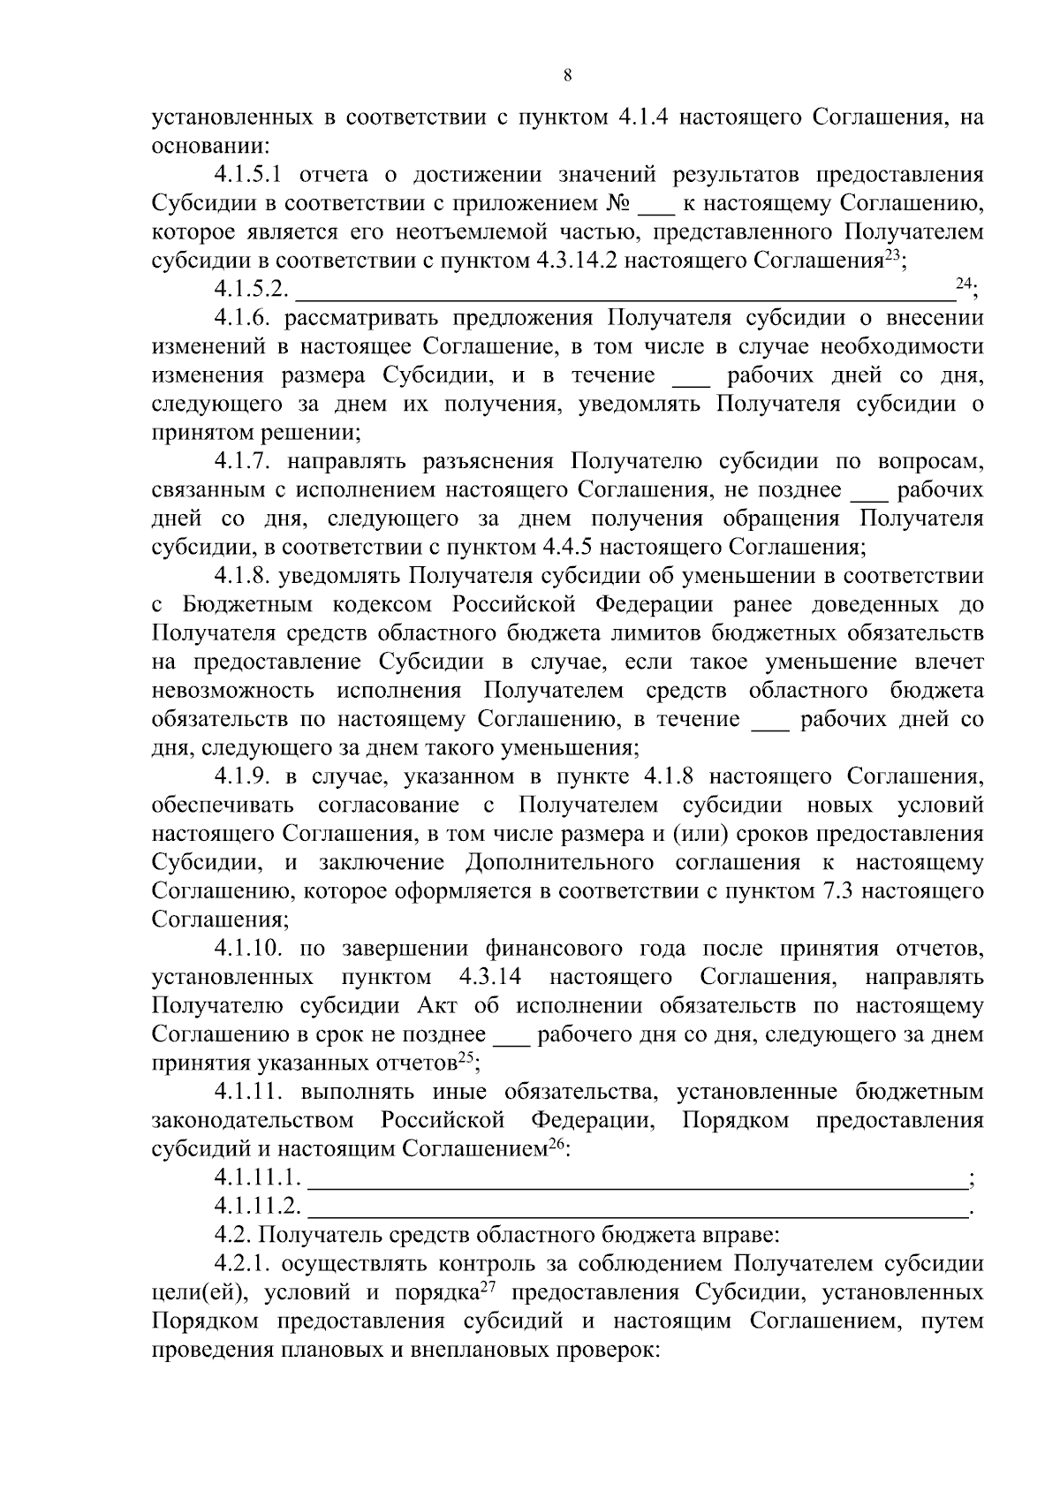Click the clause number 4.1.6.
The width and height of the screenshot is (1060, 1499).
(242, 318)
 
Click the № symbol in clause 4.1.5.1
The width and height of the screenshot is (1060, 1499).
(617, 203)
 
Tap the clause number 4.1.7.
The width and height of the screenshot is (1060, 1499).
(242, 461)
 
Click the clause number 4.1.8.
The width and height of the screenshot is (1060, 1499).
(242, 576)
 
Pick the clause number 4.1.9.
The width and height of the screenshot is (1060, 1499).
(242, 776)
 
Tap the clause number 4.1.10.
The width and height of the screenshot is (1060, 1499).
(248, 949)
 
